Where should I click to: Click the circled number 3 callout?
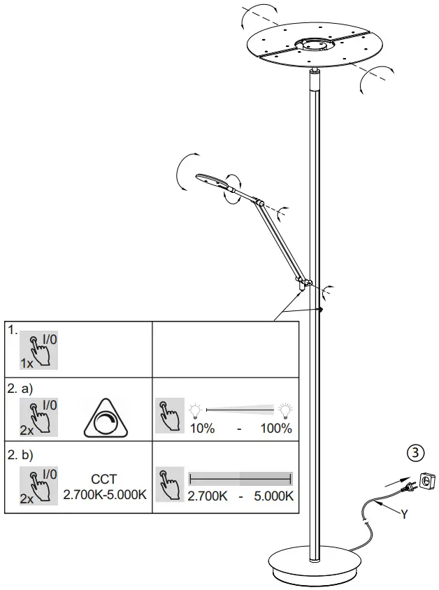coord(416,452)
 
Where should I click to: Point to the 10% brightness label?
coord(202,429)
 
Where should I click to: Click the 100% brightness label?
coord(276,429)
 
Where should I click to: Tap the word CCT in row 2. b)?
coord(104,480)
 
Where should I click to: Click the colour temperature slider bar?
coord(240,479)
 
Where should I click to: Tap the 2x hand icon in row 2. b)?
coord(38,484)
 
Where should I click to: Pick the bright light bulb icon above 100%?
coord(285,409)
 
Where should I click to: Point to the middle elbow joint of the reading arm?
coord(261,203)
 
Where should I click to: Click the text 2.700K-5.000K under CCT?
coord(104,495)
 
